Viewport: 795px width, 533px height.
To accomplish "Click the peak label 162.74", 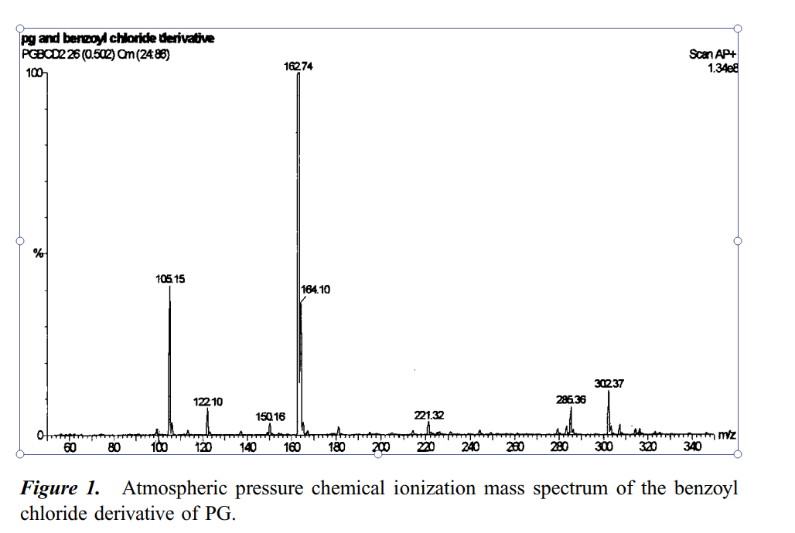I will (299, 67).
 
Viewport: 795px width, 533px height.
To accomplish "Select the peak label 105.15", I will (170, 279).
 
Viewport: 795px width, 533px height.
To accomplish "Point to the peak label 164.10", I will (316, 290).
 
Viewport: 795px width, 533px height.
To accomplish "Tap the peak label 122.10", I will (208, 402).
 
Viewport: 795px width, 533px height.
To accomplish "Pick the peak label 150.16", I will (271, 416).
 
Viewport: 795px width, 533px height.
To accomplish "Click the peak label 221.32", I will (429, 415).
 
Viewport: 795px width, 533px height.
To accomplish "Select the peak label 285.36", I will (571, 399).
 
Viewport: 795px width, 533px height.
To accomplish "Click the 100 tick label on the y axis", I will (34, 73).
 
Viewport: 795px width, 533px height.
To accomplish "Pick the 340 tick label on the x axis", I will (693, 447).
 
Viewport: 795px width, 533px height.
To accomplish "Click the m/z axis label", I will (727, 436).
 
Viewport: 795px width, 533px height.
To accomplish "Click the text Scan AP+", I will (712, 54).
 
